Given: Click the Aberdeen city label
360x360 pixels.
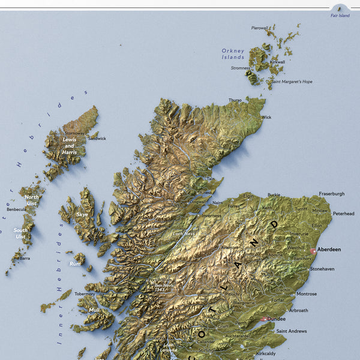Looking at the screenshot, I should (329, 249).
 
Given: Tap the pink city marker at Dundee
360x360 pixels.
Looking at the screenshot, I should (263, 319).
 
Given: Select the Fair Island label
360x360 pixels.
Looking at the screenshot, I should (340, 16).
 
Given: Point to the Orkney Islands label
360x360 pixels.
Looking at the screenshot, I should (233, 54).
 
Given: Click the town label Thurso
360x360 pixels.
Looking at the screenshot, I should (235, 100).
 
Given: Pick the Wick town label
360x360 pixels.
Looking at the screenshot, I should (266, 117).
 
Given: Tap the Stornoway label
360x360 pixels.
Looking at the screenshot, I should (74, 133).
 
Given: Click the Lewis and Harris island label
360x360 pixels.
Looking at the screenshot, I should (69, 146).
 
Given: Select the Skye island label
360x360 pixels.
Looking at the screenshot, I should (82, 214).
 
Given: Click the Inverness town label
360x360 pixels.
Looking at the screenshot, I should (211, 215).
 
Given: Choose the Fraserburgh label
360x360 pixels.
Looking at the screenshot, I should (332, 194).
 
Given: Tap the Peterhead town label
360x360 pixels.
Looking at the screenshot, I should (343, 213).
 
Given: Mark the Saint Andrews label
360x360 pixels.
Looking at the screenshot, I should (291, 331).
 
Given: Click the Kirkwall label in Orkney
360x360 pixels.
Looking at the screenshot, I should (277, 62).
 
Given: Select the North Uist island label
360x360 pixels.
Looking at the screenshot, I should (31, 200).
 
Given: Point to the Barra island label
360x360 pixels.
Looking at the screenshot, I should (25, 258).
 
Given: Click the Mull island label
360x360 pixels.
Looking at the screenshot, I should (94, 310).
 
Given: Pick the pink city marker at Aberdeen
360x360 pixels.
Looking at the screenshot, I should (313, 251).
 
